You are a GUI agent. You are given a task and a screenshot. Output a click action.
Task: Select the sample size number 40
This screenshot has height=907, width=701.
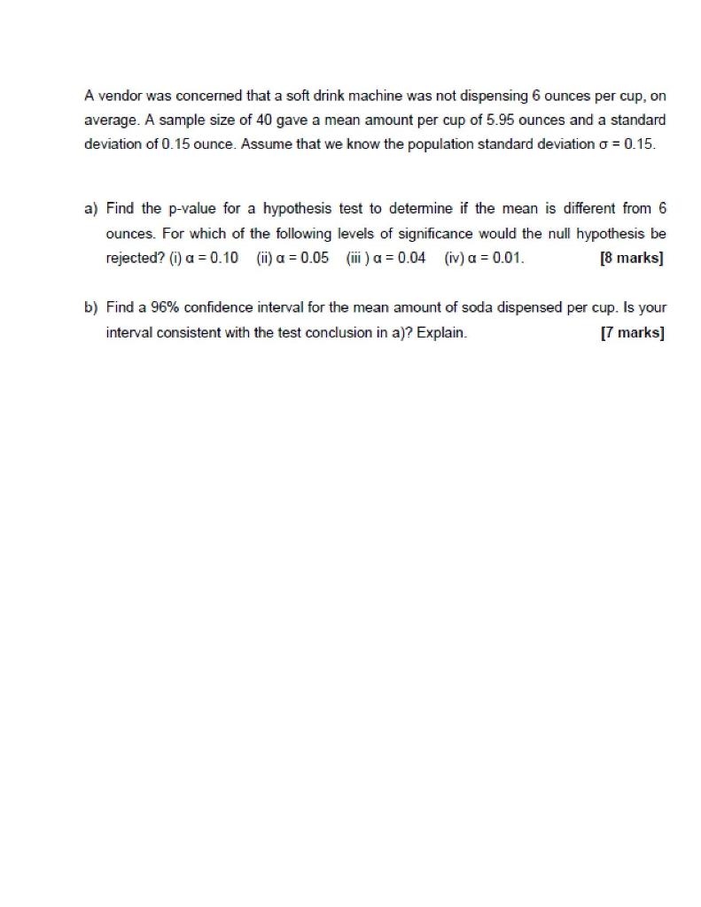pyautogui.click(x=264, y=120)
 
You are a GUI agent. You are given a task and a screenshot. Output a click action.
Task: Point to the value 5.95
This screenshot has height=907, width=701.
pyautogui.click(x=493, y=120)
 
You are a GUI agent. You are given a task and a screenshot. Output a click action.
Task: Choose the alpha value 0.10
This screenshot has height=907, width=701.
pyautogui.click(x=222, y=259)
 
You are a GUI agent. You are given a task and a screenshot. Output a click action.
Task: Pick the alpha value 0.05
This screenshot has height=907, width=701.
pyautogui.click(x=313, y=259)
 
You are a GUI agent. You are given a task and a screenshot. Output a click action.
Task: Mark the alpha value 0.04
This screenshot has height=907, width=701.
pyautogui.click(x=409, y=259)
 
